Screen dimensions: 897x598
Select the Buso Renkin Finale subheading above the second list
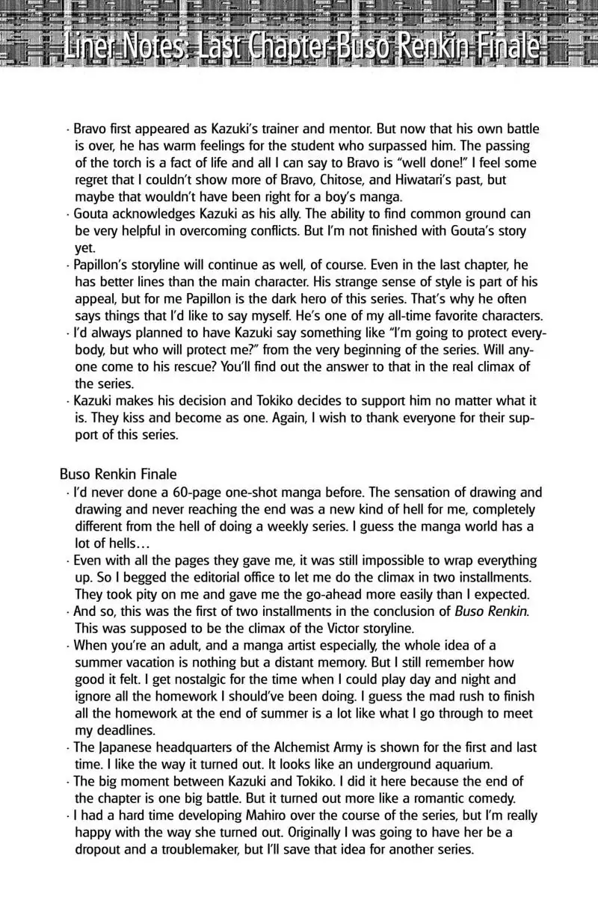click(118, 474)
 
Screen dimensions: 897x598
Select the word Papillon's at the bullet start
click(103, 267)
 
